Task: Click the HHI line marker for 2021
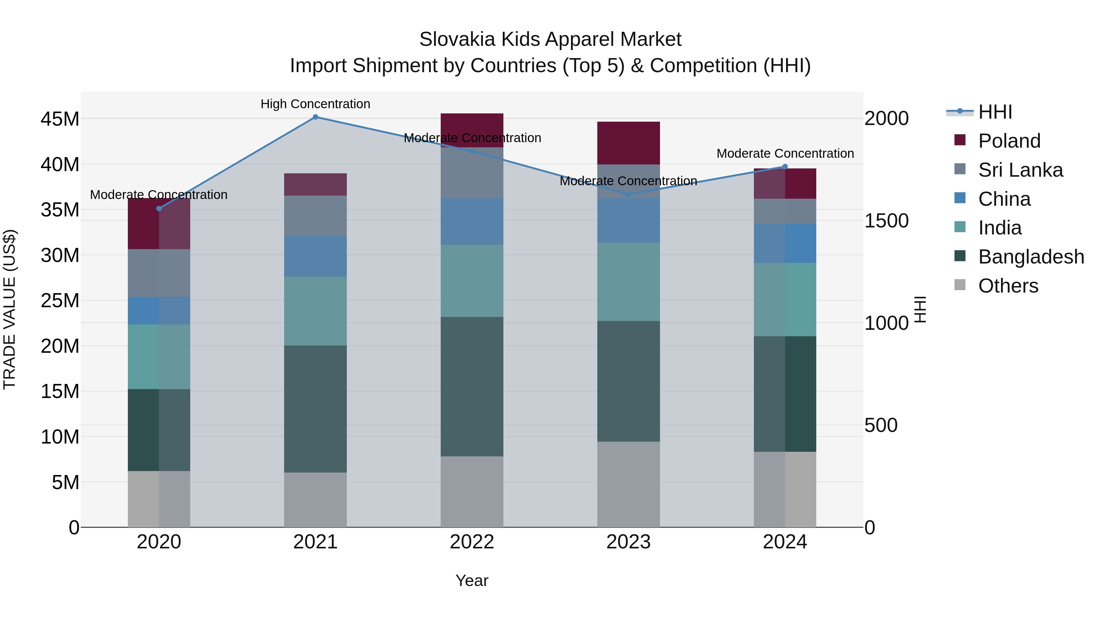(315, 117)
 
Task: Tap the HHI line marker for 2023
(628, 194)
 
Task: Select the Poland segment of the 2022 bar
(472, 130)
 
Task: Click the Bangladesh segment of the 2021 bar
(315, 409)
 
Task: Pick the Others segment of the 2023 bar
(628, 485)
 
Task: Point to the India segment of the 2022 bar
(472, 281)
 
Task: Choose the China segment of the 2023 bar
(628, 220)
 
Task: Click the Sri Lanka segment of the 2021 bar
(315, 216)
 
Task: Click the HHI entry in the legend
(995, 112)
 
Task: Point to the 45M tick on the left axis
(60, 119)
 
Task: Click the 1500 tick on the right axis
(886, 221)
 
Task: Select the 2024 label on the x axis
(785, 542)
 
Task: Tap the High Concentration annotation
(315, 104)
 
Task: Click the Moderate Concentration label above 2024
(785, 153)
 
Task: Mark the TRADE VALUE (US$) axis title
(9, 309)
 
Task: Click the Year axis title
(472, 580)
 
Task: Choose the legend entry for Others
(1007, 286)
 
